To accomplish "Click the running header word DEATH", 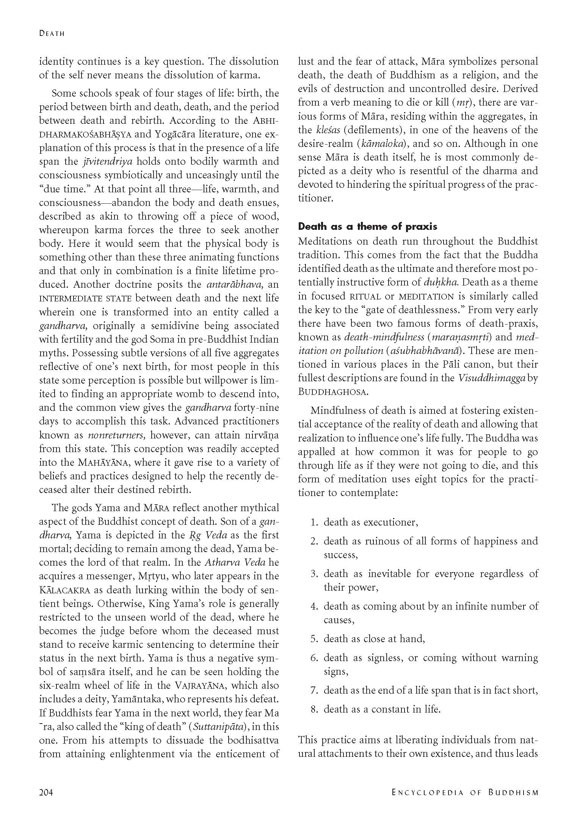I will pyautogui.click(x=52, y=33).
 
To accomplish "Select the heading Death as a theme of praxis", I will pyautogui.click(x=367, y=226).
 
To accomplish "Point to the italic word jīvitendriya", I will pyautogui.click(x=107, y=161).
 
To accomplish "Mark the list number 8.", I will pyautogui.click(x=314, y=709).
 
